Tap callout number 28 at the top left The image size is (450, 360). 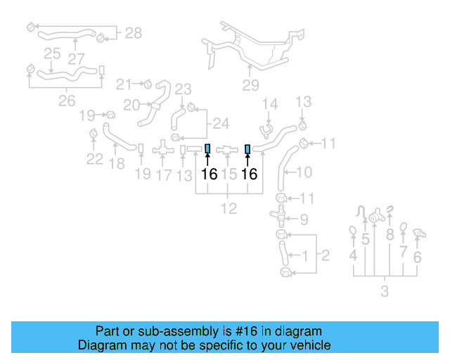[134, 33]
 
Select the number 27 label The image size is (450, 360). [76, 60]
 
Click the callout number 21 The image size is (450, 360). [124, 84]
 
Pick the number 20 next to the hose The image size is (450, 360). [131, 105]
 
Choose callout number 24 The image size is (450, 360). [221, 124]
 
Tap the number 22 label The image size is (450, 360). [95, 160]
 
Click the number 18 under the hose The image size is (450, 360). [117, 165]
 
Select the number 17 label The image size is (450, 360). [163, 174]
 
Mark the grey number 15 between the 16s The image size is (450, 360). [229, 174]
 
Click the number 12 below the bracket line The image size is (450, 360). [229, 208]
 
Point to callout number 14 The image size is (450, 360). [271, 105]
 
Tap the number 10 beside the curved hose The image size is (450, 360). [304, 172]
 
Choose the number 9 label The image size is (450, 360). [304, 220]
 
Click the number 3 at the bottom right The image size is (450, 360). [384, 291]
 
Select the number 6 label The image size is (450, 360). [417, 257]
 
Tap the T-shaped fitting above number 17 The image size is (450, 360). [163, 149]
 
